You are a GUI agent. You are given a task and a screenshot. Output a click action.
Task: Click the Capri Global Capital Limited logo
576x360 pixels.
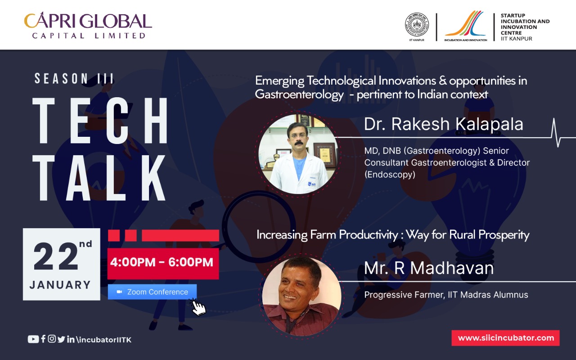[88, 25]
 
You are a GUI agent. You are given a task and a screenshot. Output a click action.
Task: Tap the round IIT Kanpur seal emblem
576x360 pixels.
[417, 25]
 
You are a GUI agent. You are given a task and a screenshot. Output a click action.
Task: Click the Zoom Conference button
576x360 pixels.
[152, 292]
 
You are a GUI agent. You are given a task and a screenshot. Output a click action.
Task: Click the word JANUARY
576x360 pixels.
[60, 285]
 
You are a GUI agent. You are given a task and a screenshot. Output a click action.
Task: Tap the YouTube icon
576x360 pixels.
[33, 339]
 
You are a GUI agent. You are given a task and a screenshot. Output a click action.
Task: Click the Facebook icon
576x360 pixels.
[43, 339]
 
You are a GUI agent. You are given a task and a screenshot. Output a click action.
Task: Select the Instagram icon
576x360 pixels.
[52, 339]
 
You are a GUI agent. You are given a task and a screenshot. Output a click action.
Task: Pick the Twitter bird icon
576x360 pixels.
[61, 339]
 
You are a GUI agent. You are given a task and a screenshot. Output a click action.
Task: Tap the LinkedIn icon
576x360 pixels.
[71, 339]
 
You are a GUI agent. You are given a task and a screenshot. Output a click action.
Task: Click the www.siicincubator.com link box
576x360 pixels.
[505, 338]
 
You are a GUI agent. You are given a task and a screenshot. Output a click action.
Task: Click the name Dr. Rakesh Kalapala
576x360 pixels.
[444, 124]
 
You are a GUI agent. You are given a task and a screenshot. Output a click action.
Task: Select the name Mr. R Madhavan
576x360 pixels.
[429, 268]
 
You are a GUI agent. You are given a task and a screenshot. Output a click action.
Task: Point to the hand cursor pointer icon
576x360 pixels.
[198, 307]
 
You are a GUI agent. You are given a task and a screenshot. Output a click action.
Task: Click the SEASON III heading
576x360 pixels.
[74, 79]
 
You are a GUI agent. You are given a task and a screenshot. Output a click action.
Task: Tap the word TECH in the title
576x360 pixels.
[100, 121]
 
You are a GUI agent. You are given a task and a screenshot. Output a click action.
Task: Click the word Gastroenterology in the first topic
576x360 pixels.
[299, 94]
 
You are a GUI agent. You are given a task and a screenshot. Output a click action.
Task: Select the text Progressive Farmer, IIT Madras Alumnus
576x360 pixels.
[446, 295]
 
